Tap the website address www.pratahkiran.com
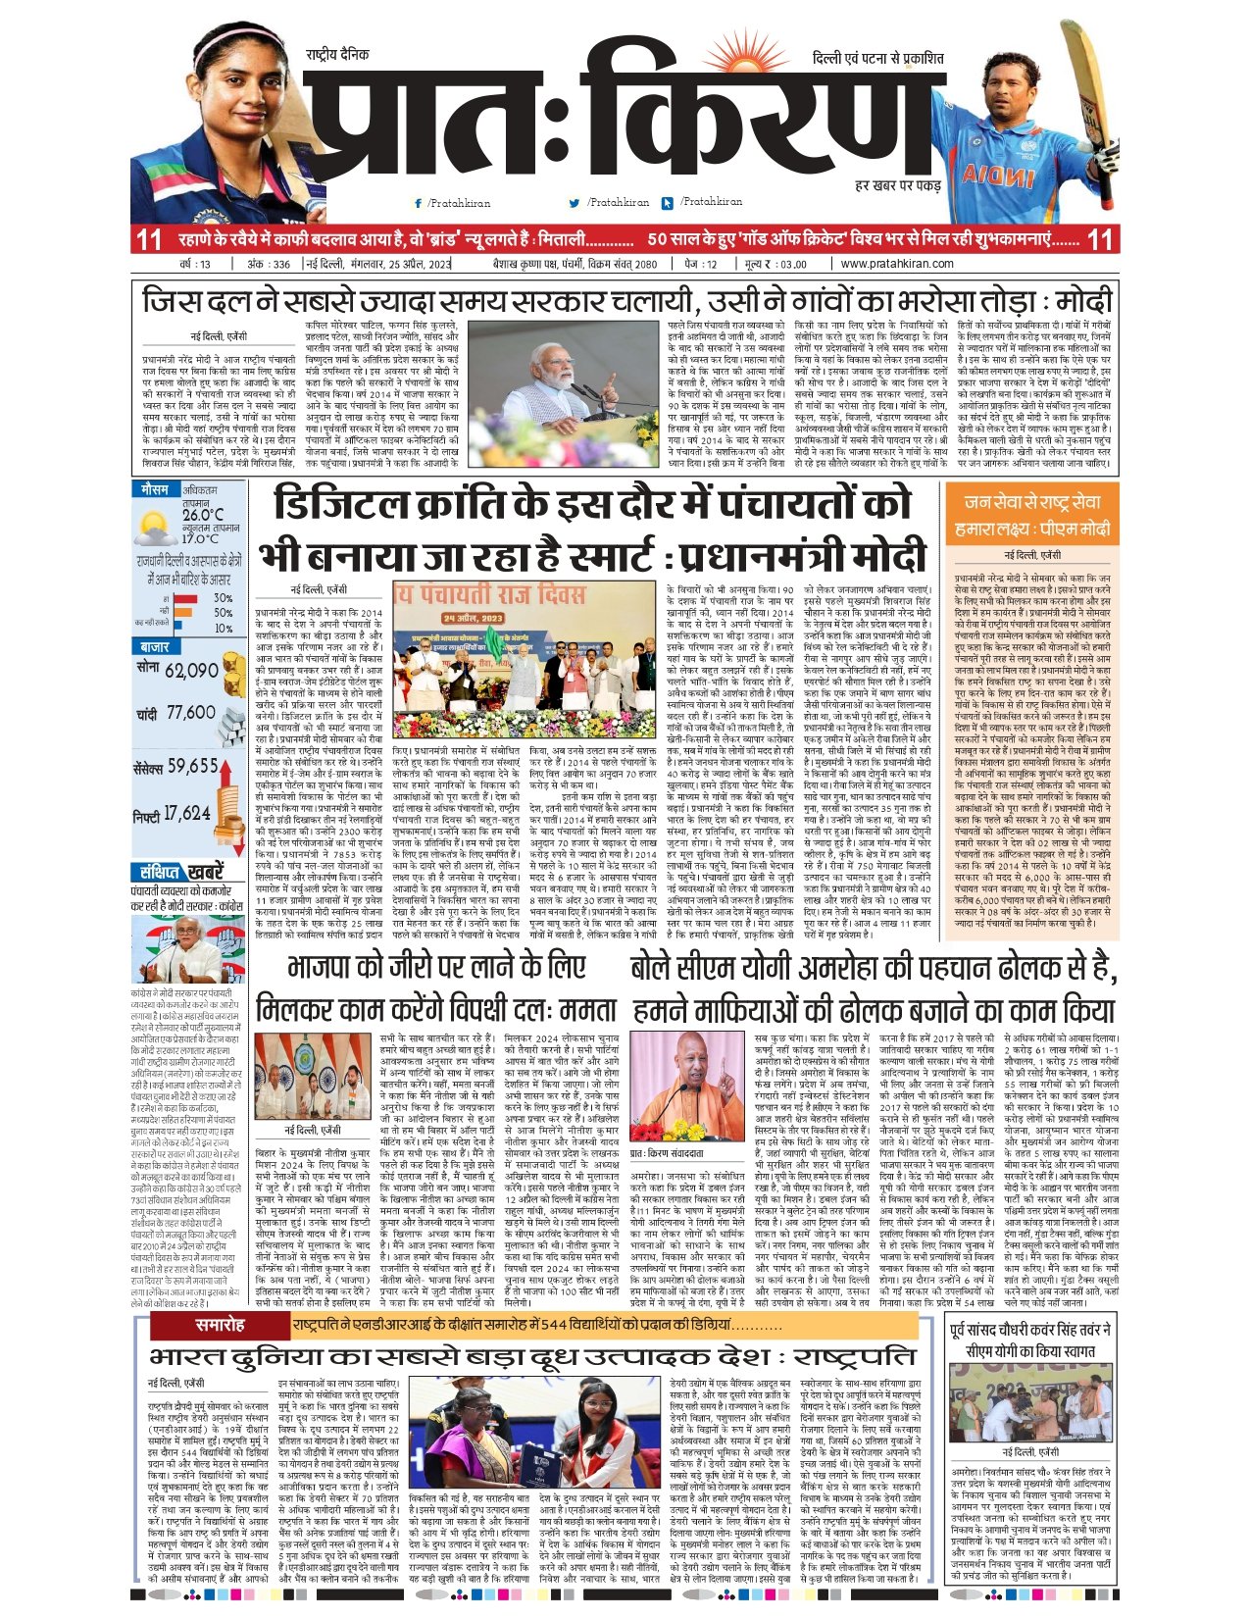pos(897,264)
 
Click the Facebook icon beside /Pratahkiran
pos(419,203)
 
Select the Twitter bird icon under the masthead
pos(575,203)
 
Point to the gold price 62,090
pos(191,671)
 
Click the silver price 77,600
pos(190,713)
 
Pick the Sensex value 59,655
pos(192,766)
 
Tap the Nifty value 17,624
pos(186,813)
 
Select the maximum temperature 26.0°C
pos(202,514)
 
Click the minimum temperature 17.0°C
pos(200,538)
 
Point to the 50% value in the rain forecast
pos(224,613)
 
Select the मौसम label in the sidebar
pos(155,488)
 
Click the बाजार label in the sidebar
pos(155,647)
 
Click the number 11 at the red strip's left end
pos(149,239)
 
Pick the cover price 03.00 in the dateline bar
pos(793,264)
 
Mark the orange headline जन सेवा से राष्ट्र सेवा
pos(1032,502)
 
